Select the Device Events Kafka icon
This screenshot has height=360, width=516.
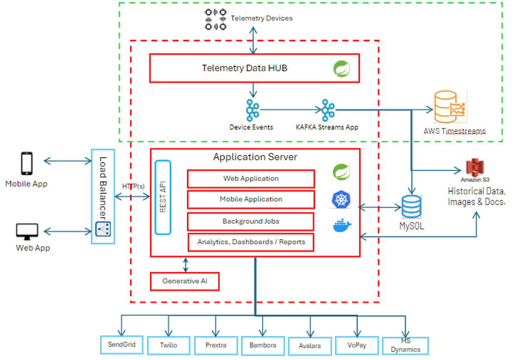(x=252, y=110)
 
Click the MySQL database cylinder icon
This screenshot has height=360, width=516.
(x=411, y=206)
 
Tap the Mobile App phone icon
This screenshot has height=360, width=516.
(x=26, y=163)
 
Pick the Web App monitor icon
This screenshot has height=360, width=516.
(x=27, y=231)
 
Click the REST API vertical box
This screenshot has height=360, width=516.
(x=163, y=197)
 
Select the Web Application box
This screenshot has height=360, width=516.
(x=251, y=179)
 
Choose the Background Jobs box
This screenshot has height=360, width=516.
(x=251, y=221)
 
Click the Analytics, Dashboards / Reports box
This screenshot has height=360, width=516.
(x=251, y=242)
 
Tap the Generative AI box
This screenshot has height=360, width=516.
(x=184, y=281)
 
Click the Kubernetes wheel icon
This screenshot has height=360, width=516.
(x=341, y=199)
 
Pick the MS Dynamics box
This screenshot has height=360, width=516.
(x=406, y=345)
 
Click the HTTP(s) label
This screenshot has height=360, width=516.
(x=133, y=186)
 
